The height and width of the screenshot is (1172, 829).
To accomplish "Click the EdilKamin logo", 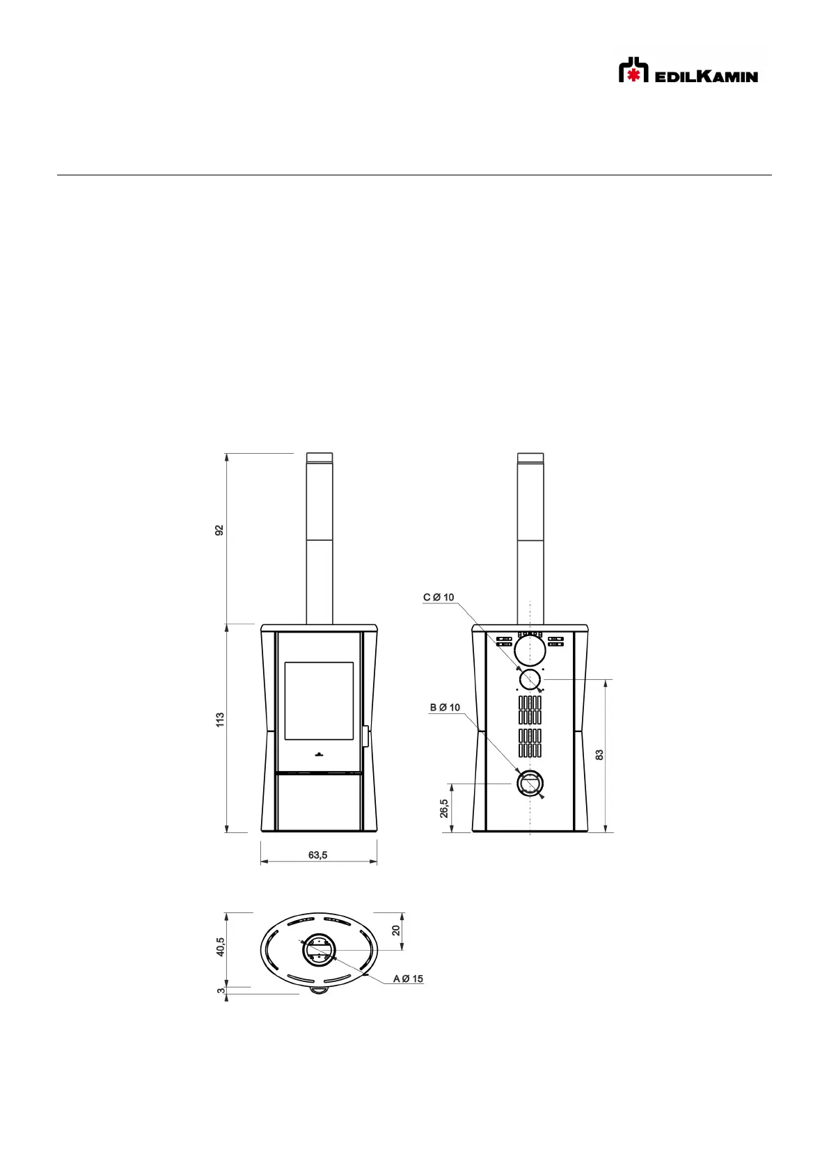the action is click(688, 70).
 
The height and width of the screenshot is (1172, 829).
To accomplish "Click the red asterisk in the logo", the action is click(634, 75).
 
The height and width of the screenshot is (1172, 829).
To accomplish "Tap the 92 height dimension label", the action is click(219, 530).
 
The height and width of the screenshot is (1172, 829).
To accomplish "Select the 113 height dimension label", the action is click(220, 720).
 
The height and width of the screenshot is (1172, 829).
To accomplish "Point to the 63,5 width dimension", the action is click(317, 855).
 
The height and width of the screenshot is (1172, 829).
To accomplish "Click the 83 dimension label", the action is click(600, 755).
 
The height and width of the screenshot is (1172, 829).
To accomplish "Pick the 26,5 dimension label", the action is click(444, 809).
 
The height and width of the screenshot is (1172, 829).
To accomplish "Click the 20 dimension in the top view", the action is click(396, 931).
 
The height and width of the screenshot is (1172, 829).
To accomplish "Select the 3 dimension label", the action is click(221, 990).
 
